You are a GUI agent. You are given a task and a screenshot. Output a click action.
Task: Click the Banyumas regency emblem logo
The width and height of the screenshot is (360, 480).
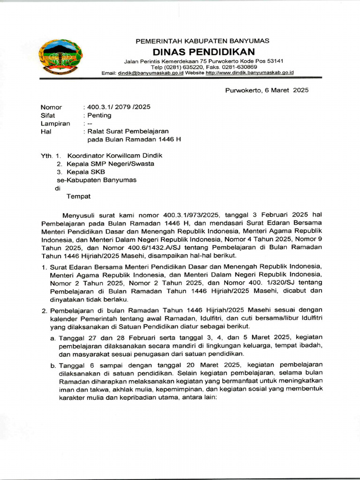pos(60,57)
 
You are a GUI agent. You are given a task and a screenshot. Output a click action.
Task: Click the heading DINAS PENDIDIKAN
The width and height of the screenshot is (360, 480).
pos(203,51)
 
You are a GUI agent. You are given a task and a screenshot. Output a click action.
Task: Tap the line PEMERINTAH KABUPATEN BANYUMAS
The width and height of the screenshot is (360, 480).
pos(202,41)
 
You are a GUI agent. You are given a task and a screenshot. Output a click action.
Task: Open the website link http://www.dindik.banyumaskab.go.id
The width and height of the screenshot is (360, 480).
pos(249,73)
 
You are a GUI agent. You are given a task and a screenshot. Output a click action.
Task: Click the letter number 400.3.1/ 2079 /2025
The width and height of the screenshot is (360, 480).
pos(118,107)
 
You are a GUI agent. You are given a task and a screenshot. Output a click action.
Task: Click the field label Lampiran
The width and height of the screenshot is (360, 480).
pos(55,124)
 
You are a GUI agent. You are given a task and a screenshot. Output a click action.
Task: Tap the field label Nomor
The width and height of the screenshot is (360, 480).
pos(51,107)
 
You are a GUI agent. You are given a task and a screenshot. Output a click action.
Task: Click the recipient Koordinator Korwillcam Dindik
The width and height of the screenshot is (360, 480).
pos(115,155)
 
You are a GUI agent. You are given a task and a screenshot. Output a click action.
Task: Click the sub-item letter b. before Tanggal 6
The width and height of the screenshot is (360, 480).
pos(53,365)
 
